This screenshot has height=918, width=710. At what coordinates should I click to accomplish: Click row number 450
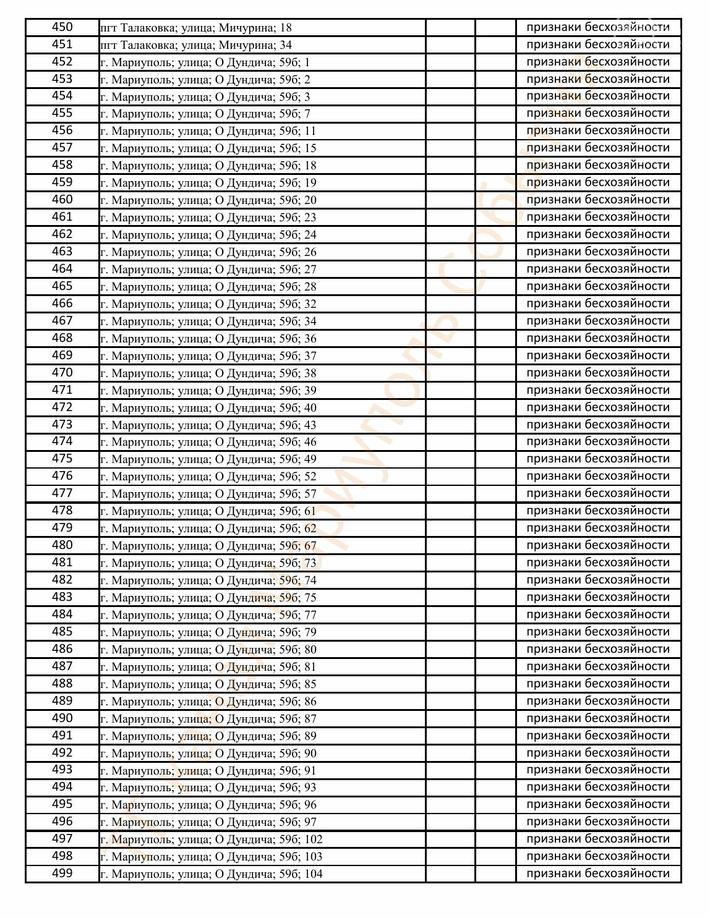62,27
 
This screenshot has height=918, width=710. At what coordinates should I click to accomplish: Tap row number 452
62,62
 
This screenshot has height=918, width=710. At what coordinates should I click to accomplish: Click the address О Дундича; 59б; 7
205,114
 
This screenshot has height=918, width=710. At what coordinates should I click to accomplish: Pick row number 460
62,200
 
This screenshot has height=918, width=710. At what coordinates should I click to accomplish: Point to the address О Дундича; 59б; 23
208,217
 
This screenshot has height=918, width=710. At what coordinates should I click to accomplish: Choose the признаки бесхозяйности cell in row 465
597,286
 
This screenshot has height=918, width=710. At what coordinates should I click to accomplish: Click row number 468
62,338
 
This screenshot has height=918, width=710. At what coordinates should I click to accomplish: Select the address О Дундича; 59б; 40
208,407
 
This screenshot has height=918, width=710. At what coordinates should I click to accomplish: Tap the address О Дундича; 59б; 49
208,459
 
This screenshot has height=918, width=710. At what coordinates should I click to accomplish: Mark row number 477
62,493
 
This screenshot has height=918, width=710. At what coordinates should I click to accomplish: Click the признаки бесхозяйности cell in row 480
597,545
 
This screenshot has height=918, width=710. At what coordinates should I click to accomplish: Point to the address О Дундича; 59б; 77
208,614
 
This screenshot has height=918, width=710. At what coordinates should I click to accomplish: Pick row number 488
62,684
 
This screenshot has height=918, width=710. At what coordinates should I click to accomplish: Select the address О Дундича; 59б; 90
208,753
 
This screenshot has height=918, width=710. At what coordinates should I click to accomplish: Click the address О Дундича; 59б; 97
208,822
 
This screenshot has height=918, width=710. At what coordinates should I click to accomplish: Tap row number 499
62,873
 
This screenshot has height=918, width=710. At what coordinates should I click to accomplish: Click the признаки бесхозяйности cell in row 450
597,27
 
